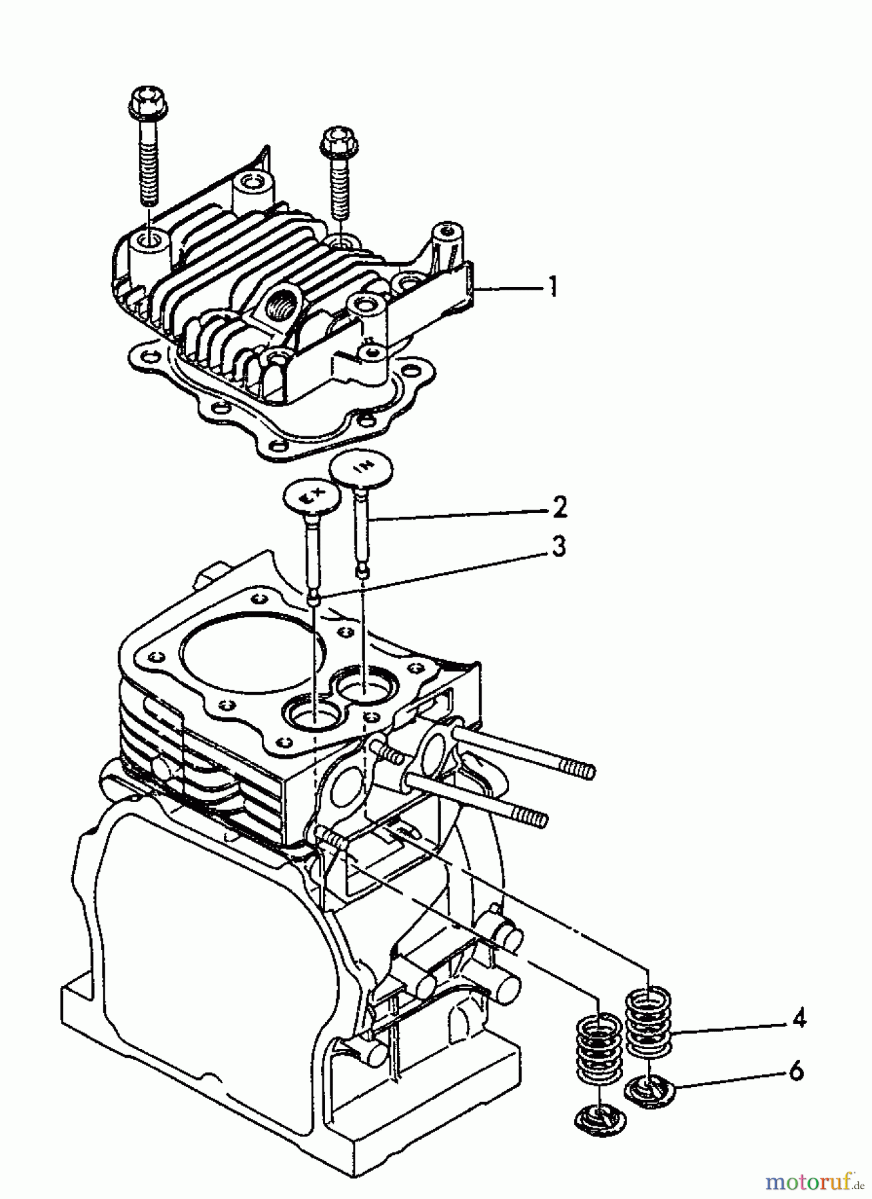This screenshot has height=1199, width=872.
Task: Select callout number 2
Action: (x=560, y=508)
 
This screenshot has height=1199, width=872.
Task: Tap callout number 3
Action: (x=558, y=548)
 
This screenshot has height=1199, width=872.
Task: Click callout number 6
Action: (x=797, y=1071)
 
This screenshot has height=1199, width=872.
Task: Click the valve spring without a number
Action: (x=597, y=1044)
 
